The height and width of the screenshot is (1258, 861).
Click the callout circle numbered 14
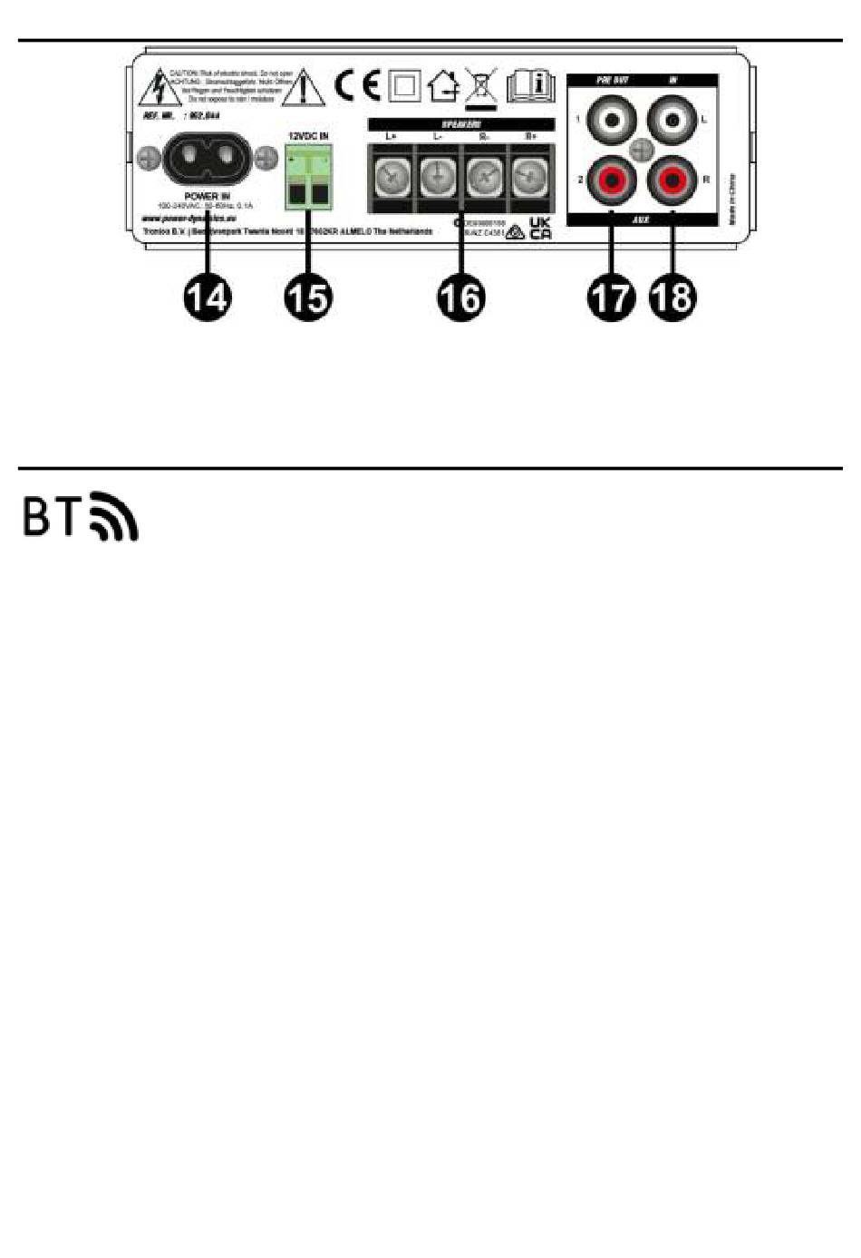(207, 297)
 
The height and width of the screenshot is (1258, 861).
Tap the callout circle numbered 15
(307, 297)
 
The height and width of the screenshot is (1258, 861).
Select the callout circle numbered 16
(460, 297)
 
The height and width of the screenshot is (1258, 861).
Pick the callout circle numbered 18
(672, 297)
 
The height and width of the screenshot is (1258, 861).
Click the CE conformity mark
(357, 85)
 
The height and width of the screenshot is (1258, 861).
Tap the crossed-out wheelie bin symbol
(480, 85)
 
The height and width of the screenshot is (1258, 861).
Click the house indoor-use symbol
(443, 86)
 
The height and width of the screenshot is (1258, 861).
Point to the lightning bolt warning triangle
(158, 89)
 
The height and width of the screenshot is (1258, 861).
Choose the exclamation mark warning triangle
(305, 87)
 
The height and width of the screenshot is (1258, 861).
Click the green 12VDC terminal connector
(306, 178)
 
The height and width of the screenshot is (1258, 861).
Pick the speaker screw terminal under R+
(530, 177)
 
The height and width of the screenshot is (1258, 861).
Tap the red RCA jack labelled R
(672, 180)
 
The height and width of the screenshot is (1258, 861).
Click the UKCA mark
(540, 227)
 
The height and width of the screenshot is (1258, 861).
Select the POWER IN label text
(207, 196)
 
